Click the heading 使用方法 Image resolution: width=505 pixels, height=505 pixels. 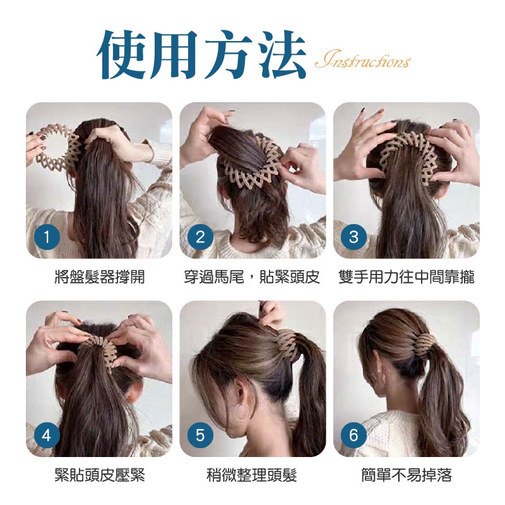pyautogui.click(x=201, y=55)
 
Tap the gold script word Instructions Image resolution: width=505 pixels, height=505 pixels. pyautogui.click(x=362, y=59)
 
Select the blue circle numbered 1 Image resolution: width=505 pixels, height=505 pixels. pyautogui.click(x=47, y=237)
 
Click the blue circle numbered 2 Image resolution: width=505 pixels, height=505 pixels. pyautogui.click(x=200, y=237)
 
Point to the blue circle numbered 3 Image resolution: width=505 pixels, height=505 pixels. pyautogui.click(x=353, y=237)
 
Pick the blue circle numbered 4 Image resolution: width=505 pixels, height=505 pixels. pyautogui.click(x=47, y=436)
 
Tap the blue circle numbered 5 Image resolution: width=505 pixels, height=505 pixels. pyautogui.click(x=200, y=436)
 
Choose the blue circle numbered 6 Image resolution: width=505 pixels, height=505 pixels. pyautogui.click(x=353, y=436)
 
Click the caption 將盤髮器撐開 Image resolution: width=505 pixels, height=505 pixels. pyautogui.click(x=100, y=276)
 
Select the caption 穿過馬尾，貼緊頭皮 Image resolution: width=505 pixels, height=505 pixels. pyautogui.click(x=252, y=276)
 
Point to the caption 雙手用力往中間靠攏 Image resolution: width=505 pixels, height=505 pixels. pyautogui.click(x=407, y=276)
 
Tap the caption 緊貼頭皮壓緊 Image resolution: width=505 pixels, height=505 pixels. pyautogui.click(x=100, y=475)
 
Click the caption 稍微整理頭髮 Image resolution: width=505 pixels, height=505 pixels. pyautogui.click(x=252, y=475)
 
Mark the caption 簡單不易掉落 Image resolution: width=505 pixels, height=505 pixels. pyautogui.click(x=407, y=475)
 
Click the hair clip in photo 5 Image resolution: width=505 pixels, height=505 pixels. pyautogui.click(x=288, y=342)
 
